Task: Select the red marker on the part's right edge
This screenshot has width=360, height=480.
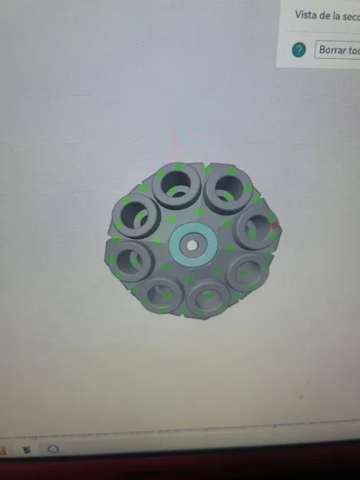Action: tap(275, 225)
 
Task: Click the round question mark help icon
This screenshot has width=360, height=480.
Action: tap(299, 50)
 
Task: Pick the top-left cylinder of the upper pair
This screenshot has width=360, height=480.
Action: tap(177, 186)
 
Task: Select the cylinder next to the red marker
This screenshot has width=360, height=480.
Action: tap(254, 226)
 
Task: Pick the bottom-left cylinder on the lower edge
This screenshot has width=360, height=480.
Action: tap(161, 294)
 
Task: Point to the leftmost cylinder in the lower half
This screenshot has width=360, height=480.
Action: tap(131, 260)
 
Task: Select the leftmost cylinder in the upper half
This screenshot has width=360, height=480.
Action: tap(135, 214)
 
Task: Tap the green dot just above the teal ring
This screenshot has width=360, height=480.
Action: tap(199, 211)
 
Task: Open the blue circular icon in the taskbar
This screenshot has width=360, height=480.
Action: tap(54, 449)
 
